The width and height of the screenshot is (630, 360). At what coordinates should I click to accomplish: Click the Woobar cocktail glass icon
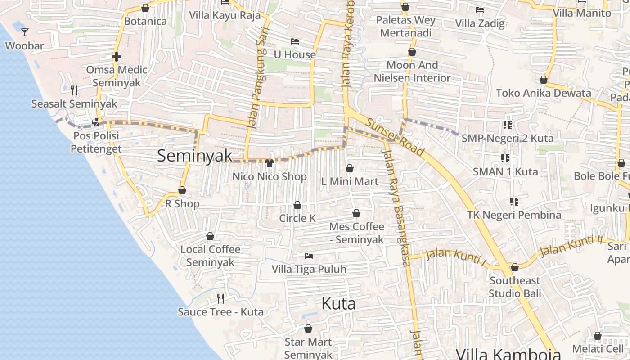(x=25, y=32)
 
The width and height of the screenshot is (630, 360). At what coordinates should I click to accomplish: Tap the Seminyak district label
(x=195, y=156)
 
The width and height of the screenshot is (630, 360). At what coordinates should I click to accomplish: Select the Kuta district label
(x=338, y=304)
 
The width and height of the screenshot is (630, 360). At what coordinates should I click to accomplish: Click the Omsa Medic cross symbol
(x=117, y=57)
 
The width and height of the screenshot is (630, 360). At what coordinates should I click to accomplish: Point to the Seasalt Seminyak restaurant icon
(x=74, y=90)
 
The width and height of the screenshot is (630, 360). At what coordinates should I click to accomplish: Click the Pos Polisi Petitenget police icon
(x=95, y=122)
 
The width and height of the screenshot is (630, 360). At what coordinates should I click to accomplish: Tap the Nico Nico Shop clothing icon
(x=270, y=163)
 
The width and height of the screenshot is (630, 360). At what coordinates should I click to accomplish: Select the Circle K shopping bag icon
(x=297, y=205)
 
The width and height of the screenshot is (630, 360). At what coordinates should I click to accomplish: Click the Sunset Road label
(x=395, y=137)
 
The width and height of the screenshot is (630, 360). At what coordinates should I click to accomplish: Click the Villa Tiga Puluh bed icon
(x=309, y=256)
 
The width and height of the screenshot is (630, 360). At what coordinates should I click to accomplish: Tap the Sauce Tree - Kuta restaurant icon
(x=220, y=298)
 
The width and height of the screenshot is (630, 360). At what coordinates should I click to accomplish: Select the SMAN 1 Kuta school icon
(x=505, y=158)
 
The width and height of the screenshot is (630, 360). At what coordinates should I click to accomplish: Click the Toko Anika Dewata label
(x=543, y=93)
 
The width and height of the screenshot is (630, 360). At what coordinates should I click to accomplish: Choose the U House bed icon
(x=295, y=41)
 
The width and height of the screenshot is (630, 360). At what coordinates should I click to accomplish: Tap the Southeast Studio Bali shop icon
(x=515, y=267)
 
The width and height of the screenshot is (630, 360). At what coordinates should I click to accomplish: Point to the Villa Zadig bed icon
(x=480, y=10)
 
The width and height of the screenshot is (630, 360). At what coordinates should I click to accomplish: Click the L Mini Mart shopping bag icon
(x=350, y=168)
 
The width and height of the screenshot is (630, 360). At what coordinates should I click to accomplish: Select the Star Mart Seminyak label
(x=308, y=348)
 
